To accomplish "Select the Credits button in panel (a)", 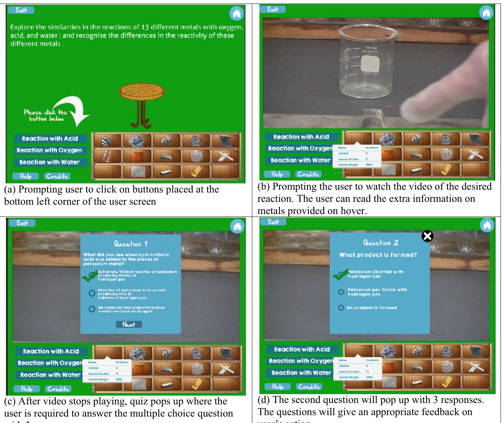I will (x=57, y=176).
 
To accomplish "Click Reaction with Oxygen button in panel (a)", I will (x=49, y=150).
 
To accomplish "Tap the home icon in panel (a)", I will (x=236, y=14).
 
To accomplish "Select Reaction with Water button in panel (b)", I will (x=300, y=160).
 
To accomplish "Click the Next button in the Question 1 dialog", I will (x=129, y=325).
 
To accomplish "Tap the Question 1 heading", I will (x=131, y=244).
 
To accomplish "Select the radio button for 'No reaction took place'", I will (x=92, y=309).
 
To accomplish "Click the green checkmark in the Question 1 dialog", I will (x=89, y=276).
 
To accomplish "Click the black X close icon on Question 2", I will (x=427, y=236).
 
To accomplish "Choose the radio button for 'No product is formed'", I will (x=341, y=308).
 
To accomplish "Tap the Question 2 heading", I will (x=381, y=243).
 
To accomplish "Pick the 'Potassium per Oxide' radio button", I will (x=341, y=292).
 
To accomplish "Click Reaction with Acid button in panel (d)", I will (x=302, y=349).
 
